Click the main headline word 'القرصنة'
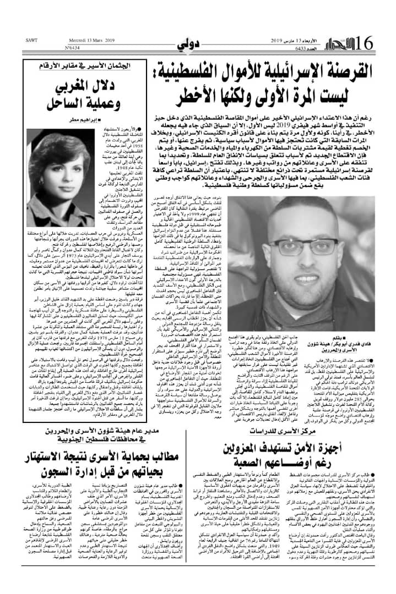click(335, 70)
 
